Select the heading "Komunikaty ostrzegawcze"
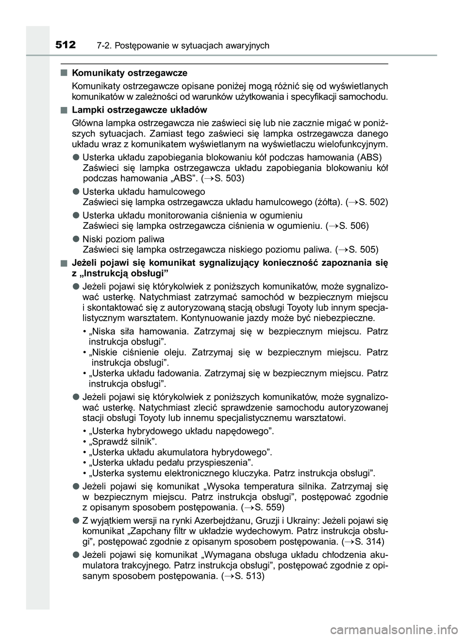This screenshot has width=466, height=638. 129,73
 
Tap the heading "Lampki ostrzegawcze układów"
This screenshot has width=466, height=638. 139,110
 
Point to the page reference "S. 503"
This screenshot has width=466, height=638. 228,178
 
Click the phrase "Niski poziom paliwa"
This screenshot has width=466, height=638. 123,239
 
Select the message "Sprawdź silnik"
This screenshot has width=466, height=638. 124,442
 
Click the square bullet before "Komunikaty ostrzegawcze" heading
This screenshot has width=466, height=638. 64,73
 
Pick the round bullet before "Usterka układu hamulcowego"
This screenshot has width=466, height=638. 76,192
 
